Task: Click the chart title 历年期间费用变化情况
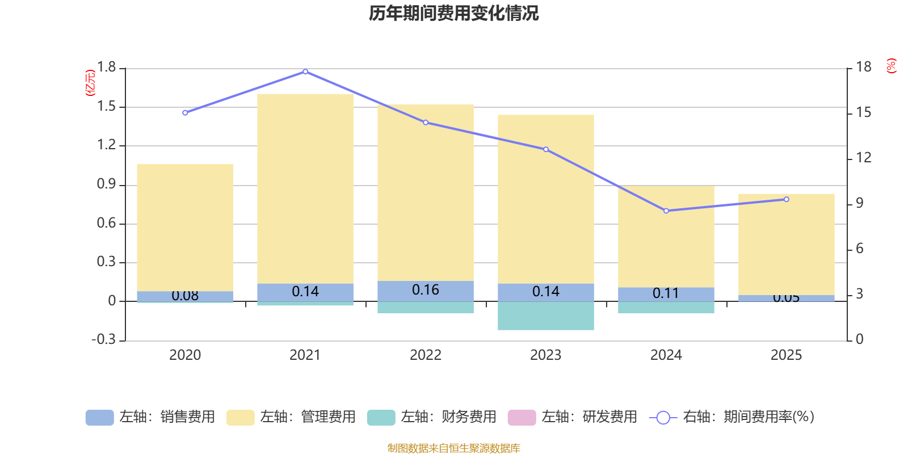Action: pos(453,13)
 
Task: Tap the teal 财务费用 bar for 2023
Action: pos(546,316)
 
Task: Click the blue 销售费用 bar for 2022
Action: pos(426,291)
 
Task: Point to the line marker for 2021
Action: pos(305,72)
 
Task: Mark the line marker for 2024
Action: pos(666,211)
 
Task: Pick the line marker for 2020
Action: pos(185,112)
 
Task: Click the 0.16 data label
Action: pos(426,290)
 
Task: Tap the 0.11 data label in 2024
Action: pos(666,293)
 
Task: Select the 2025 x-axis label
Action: pos(786,355)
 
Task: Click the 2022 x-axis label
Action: pos(426,355)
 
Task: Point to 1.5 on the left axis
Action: pos(106,107)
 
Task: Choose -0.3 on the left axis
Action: pos(103,339)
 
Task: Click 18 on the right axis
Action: pos(863,67)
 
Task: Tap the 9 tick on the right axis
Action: pos(859,203)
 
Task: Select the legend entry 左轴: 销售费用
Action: pos(150,417)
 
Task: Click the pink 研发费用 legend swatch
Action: pos(522,417)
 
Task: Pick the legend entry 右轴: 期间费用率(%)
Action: pos(732,417)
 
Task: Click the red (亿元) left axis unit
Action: pos(90,83)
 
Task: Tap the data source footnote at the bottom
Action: pos(453,448)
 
